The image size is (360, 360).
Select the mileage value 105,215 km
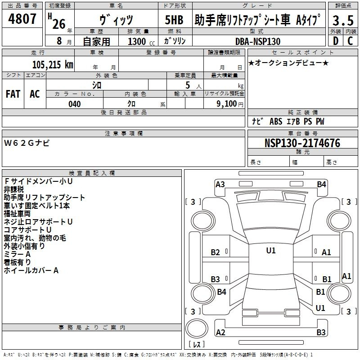tap(53, 64)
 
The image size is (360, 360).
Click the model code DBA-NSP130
tap(258, 41)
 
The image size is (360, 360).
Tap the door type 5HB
tap(175, 21)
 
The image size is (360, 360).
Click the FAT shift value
tap(13, 94)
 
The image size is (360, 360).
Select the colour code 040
tap(74, 104)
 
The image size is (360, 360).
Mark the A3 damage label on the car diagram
tap(220, 184)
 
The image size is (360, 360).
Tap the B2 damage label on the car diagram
tap(216, 252)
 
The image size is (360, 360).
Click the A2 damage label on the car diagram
tap(220, 332)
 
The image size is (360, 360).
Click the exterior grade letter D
tap(335, 41)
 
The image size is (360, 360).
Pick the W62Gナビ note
tap(27, 143)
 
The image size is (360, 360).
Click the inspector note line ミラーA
tap(17, 254)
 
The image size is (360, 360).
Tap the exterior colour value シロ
tap(96, 85)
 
